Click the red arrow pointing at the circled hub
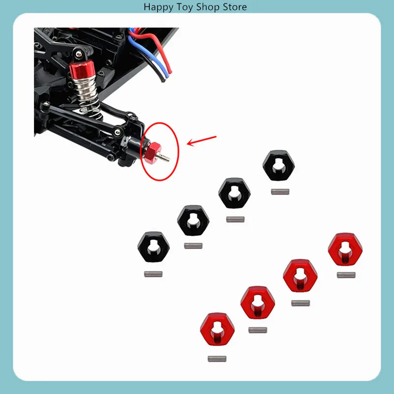pyautogui.click(x=202, y=140)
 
